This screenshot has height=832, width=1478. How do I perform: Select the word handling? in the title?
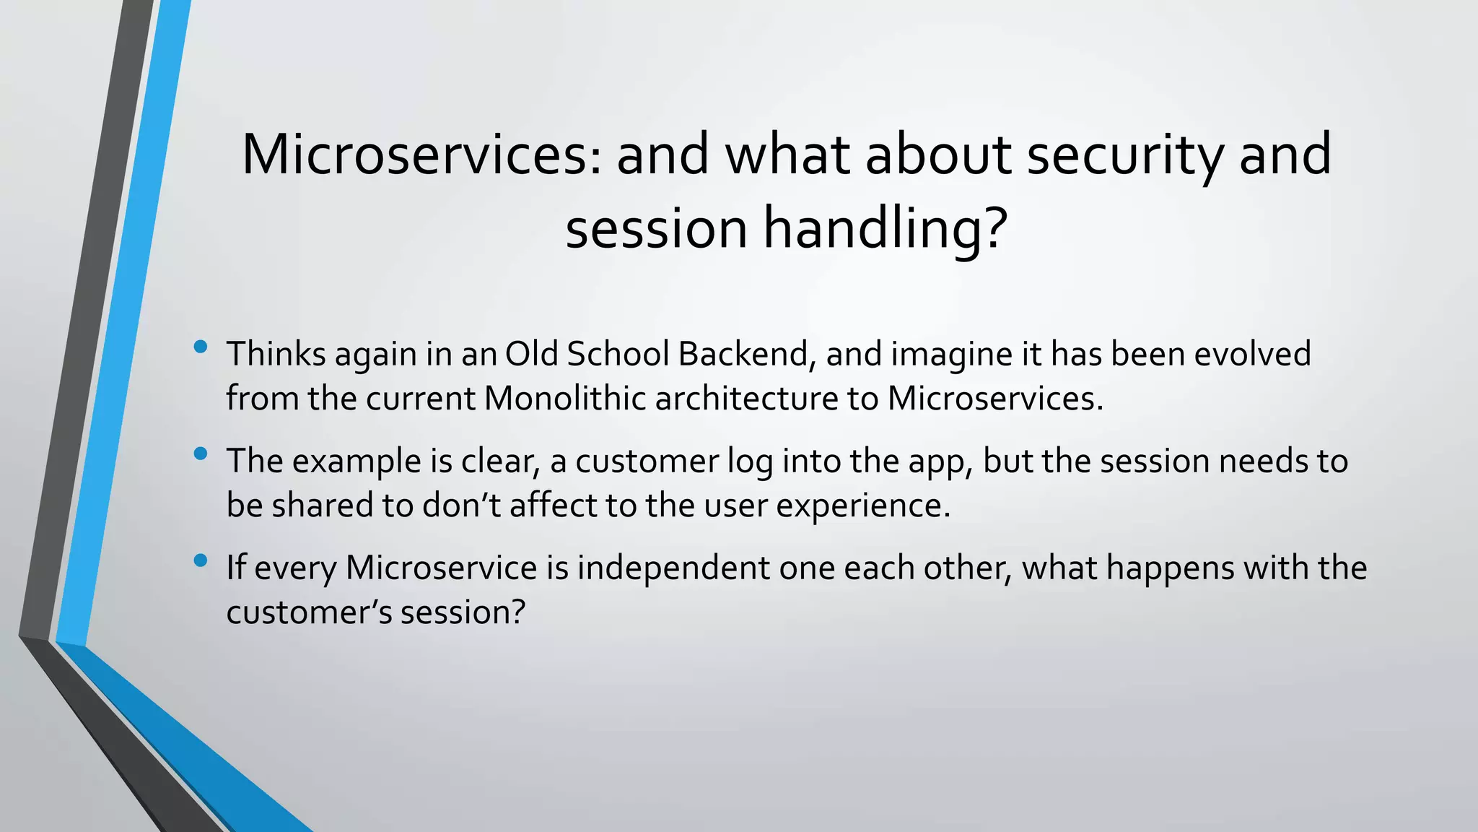pos(885,229)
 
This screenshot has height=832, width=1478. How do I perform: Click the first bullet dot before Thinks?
pos(201,347)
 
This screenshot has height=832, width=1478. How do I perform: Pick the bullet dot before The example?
pos(201,454)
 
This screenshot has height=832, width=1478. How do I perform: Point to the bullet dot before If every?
pos(201,560)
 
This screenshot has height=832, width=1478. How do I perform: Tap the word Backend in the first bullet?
pos(743,354)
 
